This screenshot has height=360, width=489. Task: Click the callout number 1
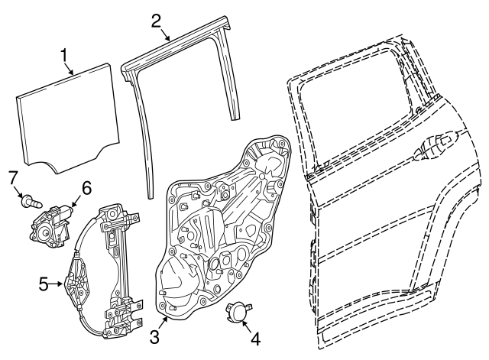point(63,56)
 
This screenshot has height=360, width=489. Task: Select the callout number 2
point(156,21)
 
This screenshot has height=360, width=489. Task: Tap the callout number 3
point(154,337)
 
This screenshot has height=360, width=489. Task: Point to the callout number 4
point(255,339)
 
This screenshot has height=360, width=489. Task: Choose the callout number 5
point(44,284)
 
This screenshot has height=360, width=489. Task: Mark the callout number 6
point(86,188)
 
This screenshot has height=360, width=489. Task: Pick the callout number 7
point(12,178)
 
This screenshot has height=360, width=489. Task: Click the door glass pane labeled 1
point(68,118)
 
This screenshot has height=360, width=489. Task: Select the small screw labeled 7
point(31,202)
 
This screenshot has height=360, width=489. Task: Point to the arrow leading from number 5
point(57,284)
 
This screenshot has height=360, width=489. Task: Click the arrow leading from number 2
point(166,35)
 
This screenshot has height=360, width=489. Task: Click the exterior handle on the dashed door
point(435,146)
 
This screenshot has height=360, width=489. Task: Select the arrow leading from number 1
point(69,69)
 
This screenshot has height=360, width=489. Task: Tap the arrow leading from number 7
point(19,192)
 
